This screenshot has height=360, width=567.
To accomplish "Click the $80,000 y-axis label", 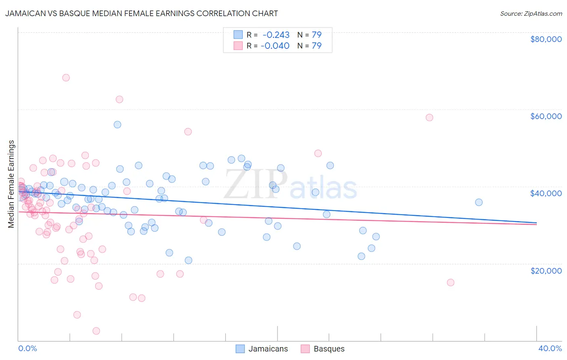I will point(546,39).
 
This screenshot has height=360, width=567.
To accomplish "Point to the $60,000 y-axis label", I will point(546,116).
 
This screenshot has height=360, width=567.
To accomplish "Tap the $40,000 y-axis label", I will point(546,193).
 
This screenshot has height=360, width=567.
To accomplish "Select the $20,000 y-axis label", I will point(546,270).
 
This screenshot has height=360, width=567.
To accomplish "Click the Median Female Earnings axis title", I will point(11,184).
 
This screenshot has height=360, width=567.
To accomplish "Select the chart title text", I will point(141,13).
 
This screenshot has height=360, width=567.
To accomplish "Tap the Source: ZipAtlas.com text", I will point(531,14).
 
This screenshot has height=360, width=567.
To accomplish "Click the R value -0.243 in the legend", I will point(276,35).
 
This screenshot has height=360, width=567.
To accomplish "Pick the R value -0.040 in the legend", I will point(275,46).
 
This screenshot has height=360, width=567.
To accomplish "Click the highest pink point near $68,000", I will point(66,77).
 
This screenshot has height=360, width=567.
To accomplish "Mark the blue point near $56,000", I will point(117,124).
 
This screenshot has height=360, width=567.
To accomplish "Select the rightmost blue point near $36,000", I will point(479,202).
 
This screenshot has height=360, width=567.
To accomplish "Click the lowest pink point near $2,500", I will point(96,331).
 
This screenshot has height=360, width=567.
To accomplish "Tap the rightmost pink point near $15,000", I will point(450,283).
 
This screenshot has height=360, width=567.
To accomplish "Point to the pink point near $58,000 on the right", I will point(429,117).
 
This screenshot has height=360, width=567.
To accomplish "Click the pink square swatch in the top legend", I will point(238,46).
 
